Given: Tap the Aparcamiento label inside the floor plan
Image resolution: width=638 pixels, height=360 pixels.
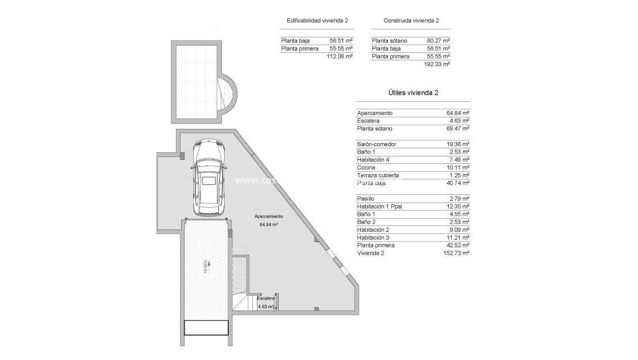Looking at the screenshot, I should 269,217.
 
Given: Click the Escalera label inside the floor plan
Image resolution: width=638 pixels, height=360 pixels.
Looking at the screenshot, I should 266,299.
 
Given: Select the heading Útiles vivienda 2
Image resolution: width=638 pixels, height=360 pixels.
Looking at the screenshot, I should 413,93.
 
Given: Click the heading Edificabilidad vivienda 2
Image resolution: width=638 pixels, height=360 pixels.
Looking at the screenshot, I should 317,21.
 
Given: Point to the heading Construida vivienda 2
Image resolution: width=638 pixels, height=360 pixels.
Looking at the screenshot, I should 411,21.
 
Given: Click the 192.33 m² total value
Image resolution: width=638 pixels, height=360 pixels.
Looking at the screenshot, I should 436,64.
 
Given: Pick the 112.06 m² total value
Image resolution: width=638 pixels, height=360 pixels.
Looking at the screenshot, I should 339,56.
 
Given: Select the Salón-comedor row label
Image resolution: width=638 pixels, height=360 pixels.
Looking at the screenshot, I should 376,144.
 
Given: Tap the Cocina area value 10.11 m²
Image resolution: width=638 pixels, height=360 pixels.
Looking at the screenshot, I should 458,167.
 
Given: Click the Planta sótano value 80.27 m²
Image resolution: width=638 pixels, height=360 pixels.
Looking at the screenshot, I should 438,41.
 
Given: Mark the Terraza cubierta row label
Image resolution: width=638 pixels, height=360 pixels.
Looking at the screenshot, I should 378,175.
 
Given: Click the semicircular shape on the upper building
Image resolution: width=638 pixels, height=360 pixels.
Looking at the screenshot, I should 227,95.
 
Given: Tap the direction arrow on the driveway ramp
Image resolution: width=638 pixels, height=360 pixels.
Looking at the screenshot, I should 210,264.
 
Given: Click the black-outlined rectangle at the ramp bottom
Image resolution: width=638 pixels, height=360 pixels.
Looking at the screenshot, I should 206,328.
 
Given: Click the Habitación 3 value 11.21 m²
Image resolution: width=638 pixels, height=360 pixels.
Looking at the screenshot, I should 458,238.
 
